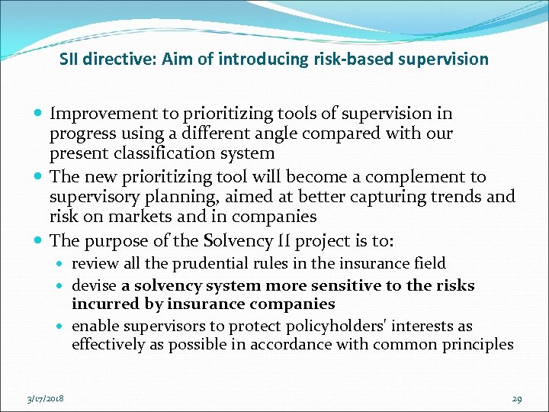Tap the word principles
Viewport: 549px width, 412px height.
tap(475, 344)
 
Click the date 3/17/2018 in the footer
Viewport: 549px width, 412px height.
tap(44, 398)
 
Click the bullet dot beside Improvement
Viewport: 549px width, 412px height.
tap(39, 114)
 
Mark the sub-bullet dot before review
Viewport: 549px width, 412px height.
tap(63, 264)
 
